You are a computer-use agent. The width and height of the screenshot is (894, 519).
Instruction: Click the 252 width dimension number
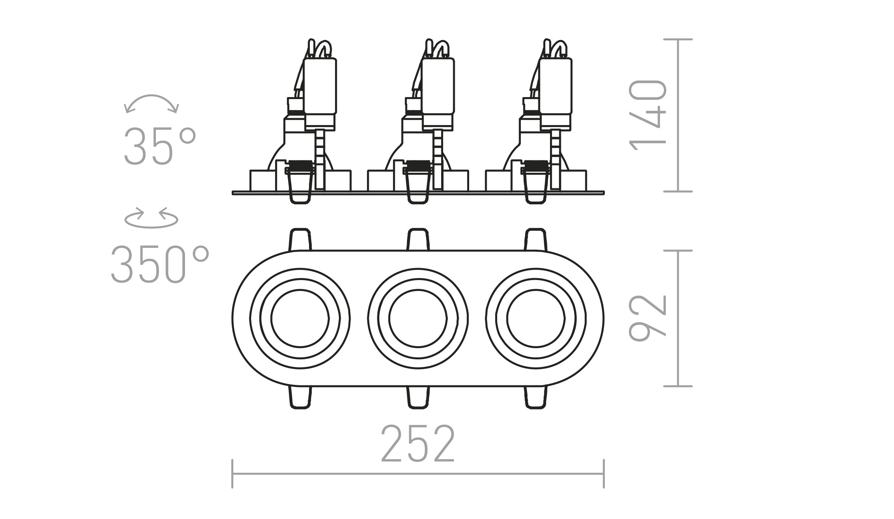(x=418, y=444)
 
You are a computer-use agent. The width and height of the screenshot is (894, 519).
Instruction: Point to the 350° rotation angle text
(x=160, y=264)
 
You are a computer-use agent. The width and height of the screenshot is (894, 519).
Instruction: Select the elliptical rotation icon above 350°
(x=151, y=219)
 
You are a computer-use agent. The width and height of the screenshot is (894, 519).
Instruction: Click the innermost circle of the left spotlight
(x=300, y=319)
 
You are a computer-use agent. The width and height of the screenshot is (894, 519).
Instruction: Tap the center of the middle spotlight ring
(x=418, y=319)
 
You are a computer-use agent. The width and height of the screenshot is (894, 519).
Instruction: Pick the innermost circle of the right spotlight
(x=536, y=319)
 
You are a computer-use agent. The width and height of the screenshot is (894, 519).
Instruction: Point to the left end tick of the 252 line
(x=232, y=474)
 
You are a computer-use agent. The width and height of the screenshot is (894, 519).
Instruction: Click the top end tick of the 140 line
(x=678, y=39)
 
